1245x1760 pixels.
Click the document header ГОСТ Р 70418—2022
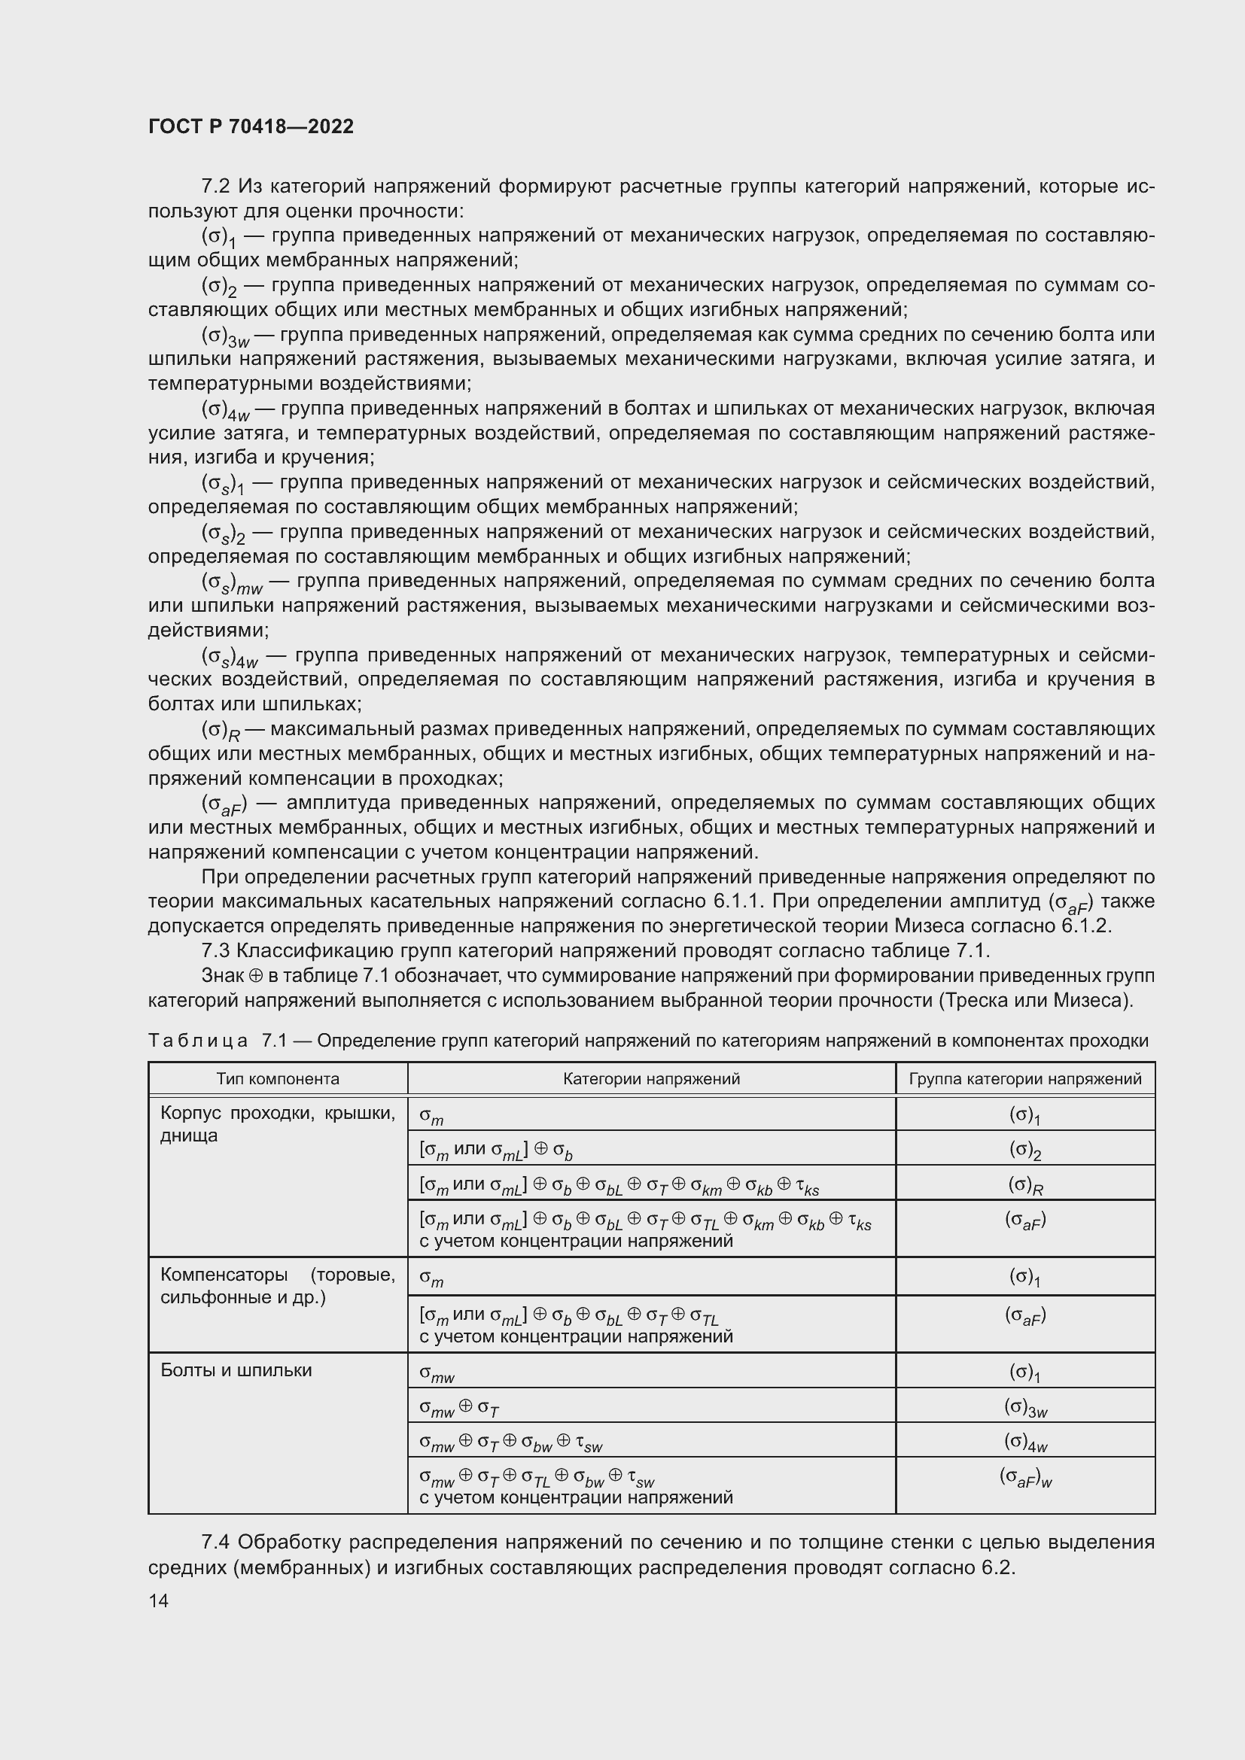(x=251, y=126)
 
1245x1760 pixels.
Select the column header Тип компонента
(x=278, y=1079)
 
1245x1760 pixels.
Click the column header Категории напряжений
(x=651, y=1079)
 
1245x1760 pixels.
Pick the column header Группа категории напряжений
(x=1024, y=1079)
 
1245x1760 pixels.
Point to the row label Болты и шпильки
(x=236, y=1369)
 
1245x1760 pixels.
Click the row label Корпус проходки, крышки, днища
(x=278, y=1124)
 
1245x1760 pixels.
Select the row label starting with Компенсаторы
(x=278, y=1285)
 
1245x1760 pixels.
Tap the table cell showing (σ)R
(x=1025, y=1185)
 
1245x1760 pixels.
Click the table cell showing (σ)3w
(x=1025, y=1407)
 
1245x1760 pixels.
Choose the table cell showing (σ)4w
(x=1025, y=1442)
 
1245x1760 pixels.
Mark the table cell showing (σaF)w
(x=1025, y=1476)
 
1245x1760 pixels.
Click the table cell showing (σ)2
(x=1025, y=1149)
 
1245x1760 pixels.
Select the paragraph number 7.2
(x=215, y=187)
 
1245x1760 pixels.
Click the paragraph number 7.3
(x=215, y=951)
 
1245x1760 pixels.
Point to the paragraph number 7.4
(x=215, y=1543)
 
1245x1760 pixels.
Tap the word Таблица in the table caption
(x=198, y=1041)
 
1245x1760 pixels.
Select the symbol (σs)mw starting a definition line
(x=232, y=583)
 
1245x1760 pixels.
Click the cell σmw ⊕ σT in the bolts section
(x=459, y=1406)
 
